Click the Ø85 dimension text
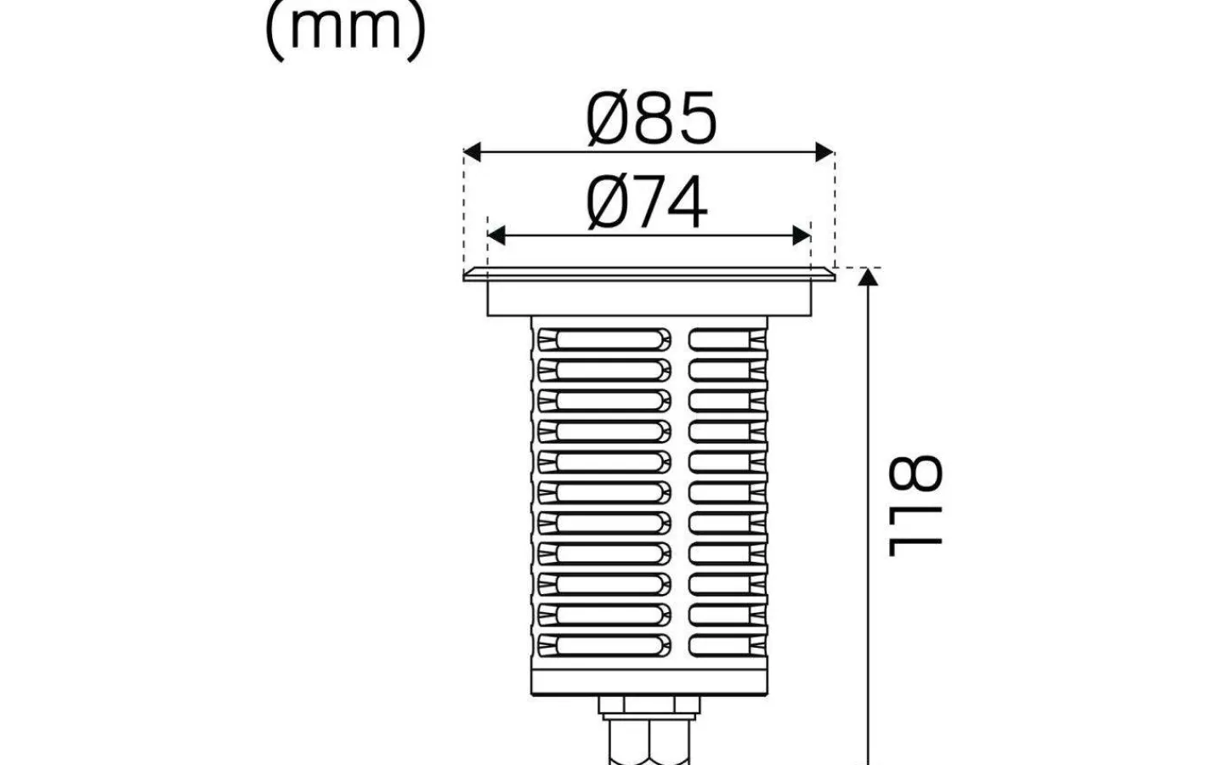[x=651, y=119]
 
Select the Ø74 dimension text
[x=646, y=202]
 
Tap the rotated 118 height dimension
[x=915, y=506]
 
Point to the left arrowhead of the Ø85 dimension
[x=472, y=151]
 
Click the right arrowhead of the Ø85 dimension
[x=824, y=151]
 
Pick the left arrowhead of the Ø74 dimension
[x=496, y=236]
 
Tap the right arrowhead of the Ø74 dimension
[x=802, y=236]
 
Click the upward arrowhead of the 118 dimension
[x=868, y=277]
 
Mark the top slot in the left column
[x=604, y=339]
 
